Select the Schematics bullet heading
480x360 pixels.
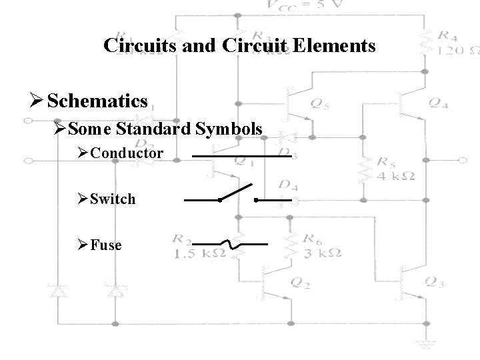[97, 101]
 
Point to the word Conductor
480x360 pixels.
[127, 153]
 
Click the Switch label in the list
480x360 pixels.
[113, 199]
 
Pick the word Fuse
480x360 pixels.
[106, 245]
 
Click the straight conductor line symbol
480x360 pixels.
[241, 157]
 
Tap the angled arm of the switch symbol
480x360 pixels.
[237, 191]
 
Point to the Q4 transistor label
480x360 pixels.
[438, 103]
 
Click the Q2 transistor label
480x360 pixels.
[301, 282]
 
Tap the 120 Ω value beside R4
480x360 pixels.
[457, 51]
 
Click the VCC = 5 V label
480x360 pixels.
[303, 7]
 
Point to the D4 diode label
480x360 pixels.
[288, 185]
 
